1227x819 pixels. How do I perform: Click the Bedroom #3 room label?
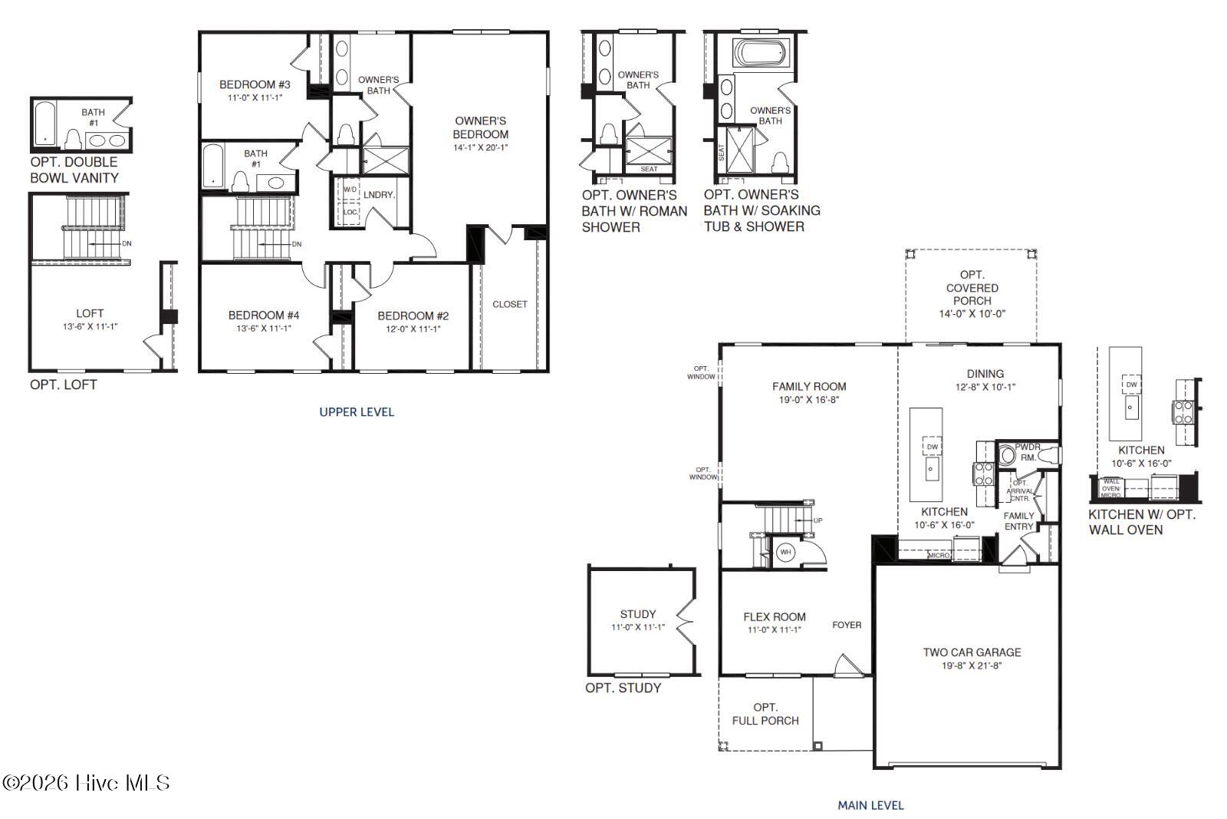tap(255, 84)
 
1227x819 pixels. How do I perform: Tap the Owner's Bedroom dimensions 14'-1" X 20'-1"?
tap(481, 147)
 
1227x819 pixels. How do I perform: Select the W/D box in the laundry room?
tap(350, 189)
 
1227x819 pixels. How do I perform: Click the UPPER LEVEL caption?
tap(357, 412)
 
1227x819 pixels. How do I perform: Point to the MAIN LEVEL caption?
tap(870, 805)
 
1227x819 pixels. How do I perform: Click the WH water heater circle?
tap(785, 552)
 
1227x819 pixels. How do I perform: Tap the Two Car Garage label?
tap(972, 652)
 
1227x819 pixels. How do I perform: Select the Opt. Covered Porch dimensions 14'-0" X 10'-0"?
tap(972, 314)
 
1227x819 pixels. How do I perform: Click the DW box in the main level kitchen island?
tap(932, 447)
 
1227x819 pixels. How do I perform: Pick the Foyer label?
tap(847, 625)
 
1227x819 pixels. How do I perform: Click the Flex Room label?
tap(775, 616)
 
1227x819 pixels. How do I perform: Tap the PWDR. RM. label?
tap(1028, 452)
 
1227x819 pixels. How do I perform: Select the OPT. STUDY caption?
tap(623, 688)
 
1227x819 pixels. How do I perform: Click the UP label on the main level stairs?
tap(817, 520)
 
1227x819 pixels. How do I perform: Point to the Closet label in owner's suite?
tap(510, 304)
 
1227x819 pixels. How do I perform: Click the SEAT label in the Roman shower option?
tap(649, 169)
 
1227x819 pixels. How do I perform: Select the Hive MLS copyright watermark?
tap(86, 783)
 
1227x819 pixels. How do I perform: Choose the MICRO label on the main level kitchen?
tap(939, 554)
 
